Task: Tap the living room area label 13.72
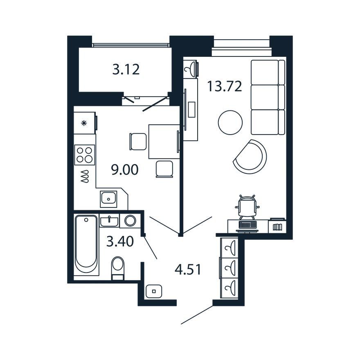[225, 86]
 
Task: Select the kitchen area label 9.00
[125, 170]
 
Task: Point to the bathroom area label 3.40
[120, 241]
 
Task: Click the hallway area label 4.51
[188, 269]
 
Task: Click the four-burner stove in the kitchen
[85, 155]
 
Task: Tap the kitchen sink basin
[108, 199]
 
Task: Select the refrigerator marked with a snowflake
[85, 123]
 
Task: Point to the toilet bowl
[117, 268]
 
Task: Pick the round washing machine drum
[130, 220]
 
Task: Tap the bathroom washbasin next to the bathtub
[109, 221]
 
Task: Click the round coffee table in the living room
[230, 122]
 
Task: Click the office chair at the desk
[247, 207]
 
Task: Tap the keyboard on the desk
[247, 225]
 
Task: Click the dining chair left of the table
[138, 142]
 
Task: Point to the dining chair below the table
[164, 169]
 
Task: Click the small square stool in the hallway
[154, 291]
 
